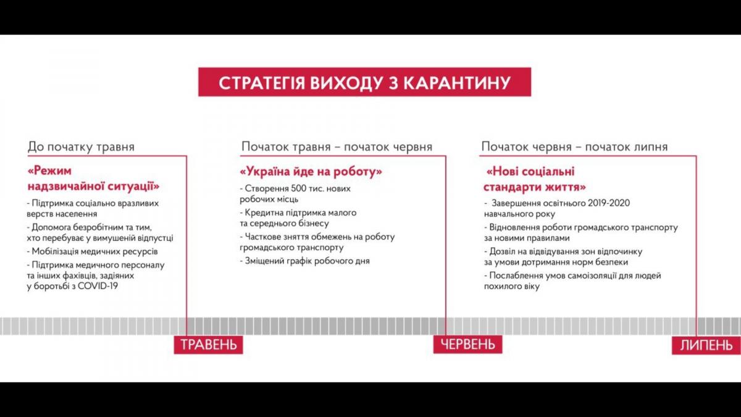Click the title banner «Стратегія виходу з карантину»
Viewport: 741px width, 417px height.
(x=364, y=82)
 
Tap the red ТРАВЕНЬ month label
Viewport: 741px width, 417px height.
(x=208, y=344)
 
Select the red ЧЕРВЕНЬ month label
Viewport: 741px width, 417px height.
(x=467, y=344)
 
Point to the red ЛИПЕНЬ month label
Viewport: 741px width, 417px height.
(x=706, y=345)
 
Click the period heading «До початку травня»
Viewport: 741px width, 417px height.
(x=81, y=147)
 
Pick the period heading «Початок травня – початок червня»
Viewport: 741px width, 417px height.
(x=337, y=147)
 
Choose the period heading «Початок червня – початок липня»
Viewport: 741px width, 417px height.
(x=574, y=147)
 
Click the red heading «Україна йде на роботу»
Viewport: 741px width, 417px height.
(x=311, y=171)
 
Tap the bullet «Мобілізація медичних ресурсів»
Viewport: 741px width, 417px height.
(x=92, y=251)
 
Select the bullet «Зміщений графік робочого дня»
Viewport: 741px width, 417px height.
(x=304, y=261)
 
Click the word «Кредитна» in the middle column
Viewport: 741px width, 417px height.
(x=263, y=213)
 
